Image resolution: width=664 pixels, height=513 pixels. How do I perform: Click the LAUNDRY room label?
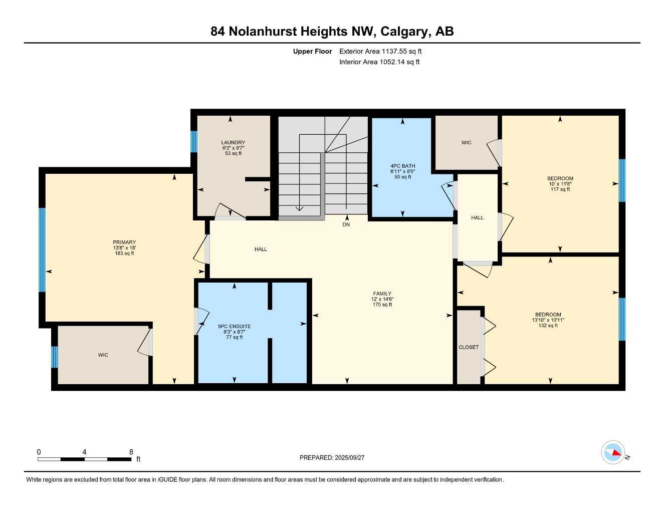coord(233,143)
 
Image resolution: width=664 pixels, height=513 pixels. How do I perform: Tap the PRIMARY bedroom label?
coord(124,242)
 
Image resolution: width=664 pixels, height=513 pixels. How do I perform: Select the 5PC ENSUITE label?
coord(234,327)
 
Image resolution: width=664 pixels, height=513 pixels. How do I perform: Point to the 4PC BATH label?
coord(402,166)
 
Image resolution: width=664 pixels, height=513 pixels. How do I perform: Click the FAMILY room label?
coord(382,294)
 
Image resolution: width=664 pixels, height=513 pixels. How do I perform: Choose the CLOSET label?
coord(469,347)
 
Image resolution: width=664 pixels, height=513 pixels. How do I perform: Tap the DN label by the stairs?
coord(346,224)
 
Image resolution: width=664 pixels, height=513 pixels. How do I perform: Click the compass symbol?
coord(613,452)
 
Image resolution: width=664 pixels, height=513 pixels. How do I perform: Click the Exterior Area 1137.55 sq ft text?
coord(380,51)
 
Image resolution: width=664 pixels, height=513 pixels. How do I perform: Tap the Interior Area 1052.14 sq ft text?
coord(379,62)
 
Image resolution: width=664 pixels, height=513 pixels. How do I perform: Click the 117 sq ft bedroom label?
coord(560,184)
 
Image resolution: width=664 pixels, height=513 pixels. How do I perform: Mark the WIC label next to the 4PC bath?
coord(466,143)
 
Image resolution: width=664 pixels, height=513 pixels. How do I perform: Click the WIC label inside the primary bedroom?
coord(103,355)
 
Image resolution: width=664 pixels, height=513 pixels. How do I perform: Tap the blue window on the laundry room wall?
coord(194,141)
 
